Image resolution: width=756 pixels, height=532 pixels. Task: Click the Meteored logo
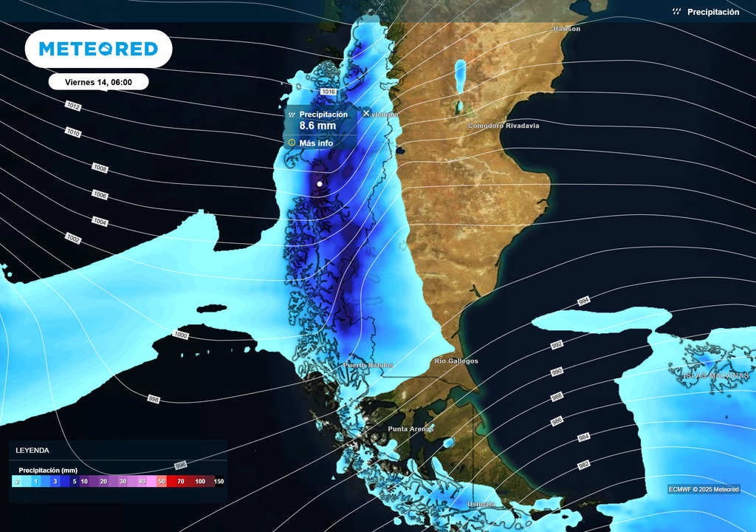click(98, 49)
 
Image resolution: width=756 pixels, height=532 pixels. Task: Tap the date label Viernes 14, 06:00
click(98, 82)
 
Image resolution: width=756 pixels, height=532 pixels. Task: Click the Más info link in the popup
click(316, 143)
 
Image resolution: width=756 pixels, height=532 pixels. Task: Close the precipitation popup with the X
click(366, 113)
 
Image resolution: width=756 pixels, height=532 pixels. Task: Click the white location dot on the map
click(319, 183)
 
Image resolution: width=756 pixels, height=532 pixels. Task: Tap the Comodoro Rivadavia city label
click(504, 126)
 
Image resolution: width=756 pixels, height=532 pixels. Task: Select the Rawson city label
click(567, 29)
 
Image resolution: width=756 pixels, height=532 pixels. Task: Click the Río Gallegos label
click(456, 361)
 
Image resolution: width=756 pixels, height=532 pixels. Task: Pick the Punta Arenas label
click(410, 429)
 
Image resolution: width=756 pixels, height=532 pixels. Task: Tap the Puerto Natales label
click(368, 366)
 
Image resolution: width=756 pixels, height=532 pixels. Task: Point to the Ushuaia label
click(481, 504)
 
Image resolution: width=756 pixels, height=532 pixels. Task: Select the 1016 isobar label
click(329, 92)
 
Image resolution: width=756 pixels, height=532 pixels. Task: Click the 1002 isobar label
click(73, 238)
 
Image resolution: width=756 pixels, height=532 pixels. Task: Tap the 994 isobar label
click(584, 301)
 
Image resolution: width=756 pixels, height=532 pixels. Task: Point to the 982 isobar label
click(584, 465)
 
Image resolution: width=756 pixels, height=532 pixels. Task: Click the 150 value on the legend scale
click(219, 481)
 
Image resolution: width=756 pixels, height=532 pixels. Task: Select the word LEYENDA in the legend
click(32, 450)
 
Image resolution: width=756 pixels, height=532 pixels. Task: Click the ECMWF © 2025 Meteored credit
click(704, 489)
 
